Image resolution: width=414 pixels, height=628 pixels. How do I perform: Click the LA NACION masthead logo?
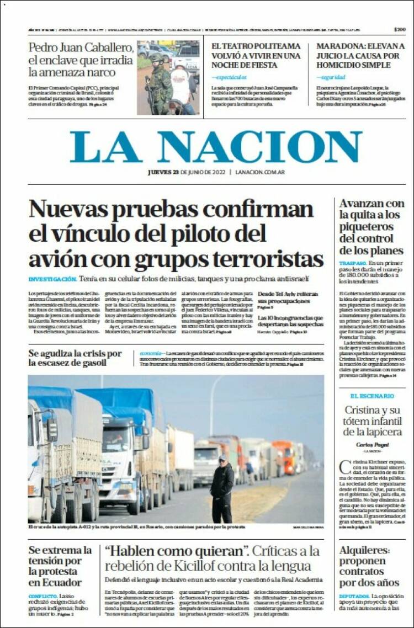[x=216, y=147]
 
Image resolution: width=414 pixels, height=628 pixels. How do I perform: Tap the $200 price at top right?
[x=400, y=29]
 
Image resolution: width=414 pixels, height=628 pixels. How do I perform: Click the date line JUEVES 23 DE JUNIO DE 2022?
[x=187, y=172]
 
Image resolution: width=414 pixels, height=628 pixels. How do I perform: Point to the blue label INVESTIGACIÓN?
[x=52, y=279]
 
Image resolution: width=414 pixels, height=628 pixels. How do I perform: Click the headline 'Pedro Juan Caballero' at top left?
[x=81, y=47]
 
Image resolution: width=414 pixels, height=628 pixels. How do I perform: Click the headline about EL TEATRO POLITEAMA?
[x=256, y=55]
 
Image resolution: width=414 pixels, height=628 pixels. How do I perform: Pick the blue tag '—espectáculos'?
[x=230, y=77]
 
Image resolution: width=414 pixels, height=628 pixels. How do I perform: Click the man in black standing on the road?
[x=222, y=488]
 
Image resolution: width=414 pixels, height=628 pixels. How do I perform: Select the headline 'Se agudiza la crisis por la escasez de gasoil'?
[x=75, y=358]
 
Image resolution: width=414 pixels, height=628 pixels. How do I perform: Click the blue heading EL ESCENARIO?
[x=372, y=396]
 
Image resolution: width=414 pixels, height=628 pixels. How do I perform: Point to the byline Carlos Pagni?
[x=372, y=444]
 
